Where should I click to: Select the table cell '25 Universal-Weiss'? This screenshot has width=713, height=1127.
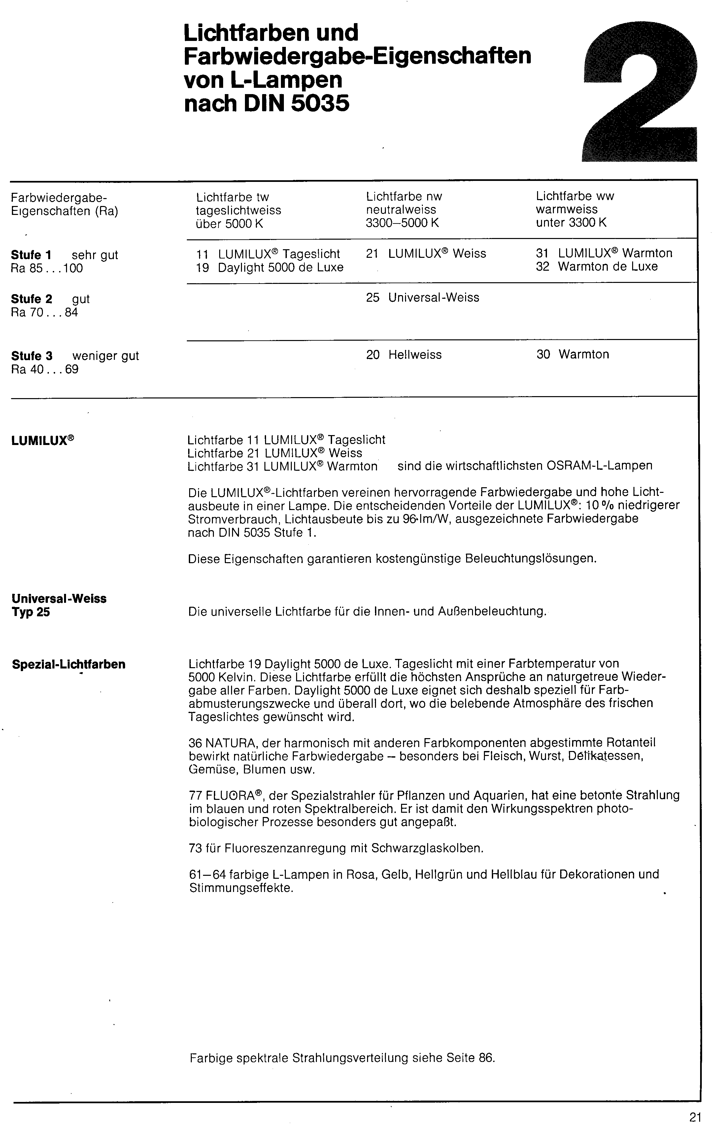point(423,298)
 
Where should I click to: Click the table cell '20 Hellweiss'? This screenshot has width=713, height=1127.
point(404,355)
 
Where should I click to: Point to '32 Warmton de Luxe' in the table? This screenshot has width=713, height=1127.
point(596,267)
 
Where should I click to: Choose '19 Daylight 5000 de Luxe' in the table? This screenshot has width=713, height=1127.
point(269,267)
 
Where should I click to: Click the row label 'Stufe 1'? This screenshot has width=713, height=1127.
point(31,255)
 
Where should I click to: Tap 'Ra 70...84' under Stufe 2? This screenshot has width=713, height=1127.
point(45,312)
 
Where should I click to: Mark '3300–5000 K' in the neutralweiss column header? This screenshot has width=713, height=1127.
point(402,223)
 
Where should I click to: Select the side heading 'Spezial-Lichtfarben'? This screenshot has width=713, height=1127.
point(69,665)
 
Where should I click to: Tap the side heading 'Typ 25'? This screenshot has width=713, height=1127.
point(31,612)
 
